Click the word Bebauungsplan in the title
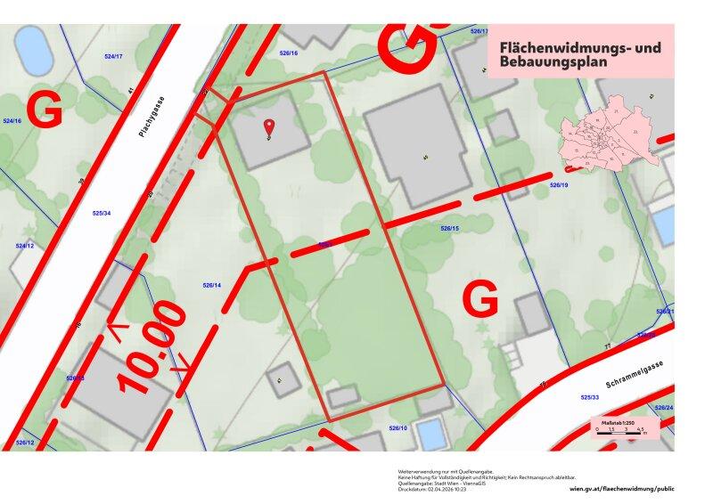pos(553,63)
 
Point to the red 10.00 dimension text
pos(152,347)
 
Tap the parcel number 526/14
pos(211,285)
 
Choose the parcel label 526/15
pos(449,229)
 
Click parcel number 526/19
pos(559,185)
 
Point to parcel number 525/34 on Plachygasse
pos(102,213)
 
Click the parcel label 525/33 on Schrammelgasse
pos(590,397)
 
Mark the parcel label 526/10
pos(397,428)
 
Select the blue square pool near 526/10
pos(430,435)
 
